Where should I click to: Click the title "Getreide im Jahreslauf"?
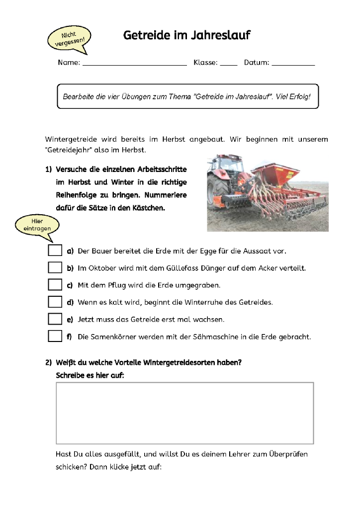[186, 35]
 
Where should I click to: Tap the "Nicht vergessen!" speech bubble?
[69, 39]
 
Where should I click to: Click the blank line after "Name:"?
[134, 63]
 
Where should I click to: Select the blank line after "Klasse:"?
[229, 63]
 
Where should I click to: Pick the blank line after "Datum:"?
[293, 63]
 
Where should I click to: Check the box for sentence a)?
[55, 251]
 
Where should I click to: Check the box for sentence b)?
[55, 267]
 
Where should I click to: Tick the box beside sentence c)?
[55, 285]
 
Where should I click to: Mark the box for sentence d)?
[55, 302]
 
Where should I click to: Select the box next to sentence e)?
[55, 319]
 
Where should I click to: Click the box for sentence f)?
[55, 336]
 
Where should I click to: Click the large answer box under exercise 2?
[184, 413]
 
